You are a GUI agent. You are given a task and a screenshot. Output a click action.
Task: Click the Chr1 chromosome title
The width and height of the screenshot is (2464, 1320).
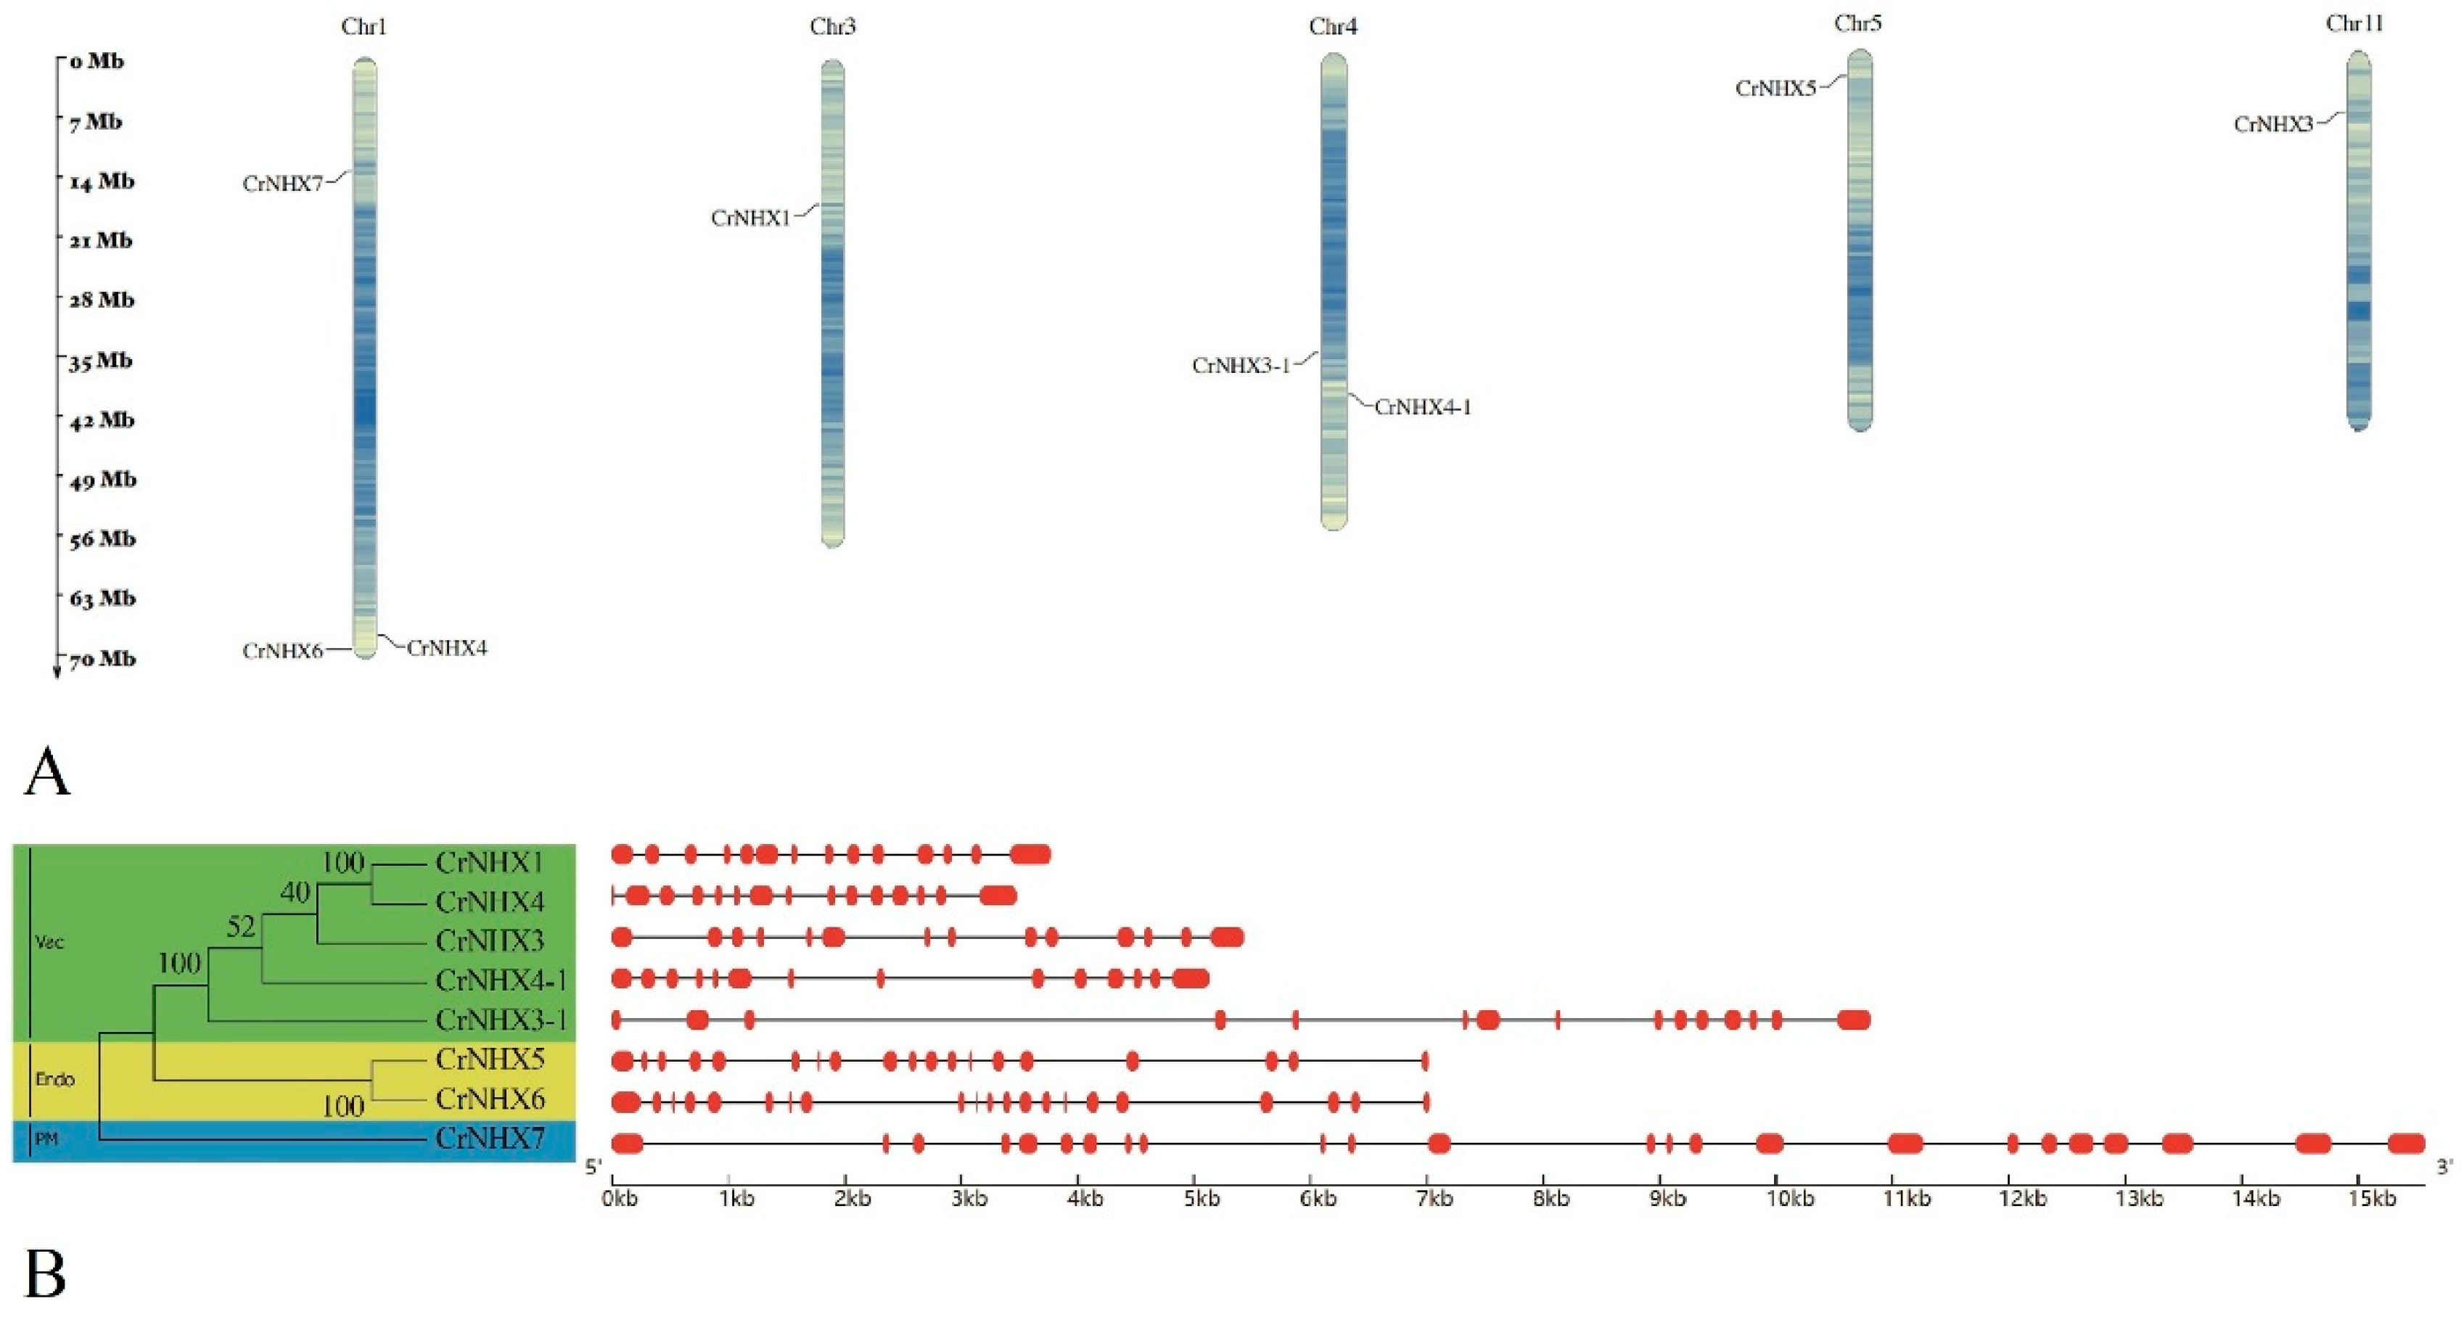tap(364, 27)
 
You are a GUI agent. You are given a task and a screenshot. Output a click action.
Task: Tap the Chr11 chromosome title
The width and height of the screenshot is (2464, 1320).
tap(2354, 24)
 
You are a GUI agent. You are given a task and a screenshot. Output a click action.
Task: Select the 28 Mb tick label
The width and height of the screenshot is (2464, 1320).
tap(102, 300)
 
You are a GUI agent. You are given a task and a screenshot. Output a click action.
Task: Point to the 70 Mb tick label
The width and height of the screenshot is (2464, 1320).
tap(102, 659)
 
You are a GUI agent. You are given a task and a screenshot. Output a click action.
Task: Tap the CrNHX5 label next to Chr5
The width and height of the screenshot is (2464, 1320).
tap(1775, 89)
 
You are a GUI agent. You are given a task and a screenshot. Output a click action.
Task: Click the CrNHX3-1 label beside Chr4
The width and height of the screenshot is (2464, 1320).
tap(1241, 366)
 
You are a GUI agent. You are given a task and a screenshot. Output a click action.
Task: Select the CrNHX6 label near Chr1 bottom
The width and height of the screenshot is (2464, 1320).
tap(282, 652)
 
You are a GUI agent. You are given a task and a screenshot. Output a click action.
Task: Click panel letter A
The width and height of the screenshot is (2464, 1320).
tap(47, 773)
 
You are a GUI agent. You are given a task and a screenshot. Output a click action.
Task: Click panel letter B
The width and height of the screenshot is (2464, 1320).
tap(45, 1275)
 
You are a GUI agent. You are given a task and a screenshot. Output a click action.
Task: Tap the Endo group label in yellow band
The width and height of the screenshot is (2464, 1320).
tap(54, 1079)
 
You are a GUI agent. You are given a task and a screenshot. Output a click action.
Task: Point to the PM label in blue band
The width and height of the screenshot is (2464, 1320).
tap(46, 1139)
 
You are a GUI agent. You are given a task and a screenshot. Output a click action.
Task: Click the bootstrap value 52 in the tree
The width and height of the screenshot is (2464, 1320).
tap(241, 927)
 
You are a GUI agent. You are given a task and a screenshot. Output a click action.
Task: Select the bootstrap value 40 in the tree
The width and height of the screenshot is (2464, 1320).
tap(295, 893)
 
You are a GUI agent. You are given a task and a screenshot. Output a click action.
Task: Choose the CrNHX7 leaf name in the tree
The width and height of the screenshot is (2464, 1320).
tap(490, 1139)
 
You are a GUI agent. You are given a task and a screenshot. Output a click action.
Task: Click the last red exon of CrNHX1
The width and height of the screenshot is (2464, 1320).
tap(1030, 854)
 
